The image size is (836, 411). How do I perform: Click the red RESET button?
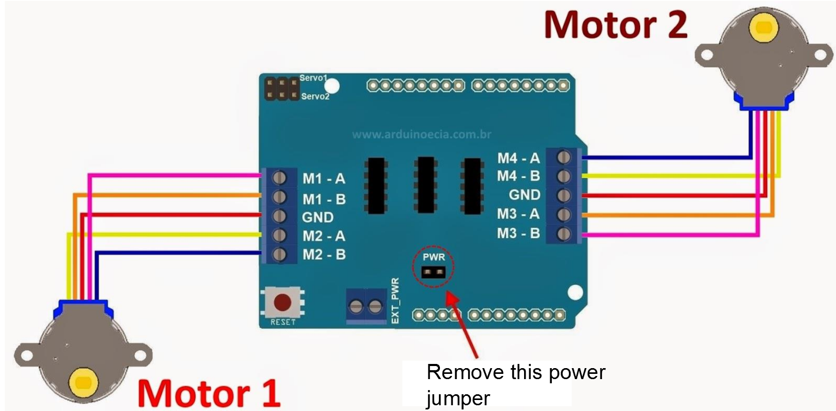(283, 302)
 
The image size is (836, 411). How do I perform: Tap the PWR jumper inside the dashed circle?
(434, 272)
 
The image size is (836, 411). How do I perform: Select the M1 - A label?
(324, 179)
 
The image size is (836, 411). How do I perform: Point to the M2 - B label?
(324, 255)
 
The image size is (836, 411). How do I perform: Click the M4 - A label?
(518, 158)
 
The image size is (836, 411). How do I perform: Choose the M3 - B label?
(518, 233)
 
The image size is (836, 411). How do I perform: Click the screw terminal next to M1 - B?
(280, 197)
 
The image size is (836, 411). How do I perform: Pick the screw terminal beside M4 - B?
(564, 176)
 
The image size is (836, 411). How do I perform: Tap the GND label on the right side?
(525, 195)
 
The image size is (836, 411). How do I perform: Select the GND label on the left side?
(318, 217)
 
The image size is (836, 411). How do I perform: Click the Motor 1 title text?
(209, 393)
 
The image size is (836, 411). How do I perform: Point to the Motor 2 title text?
(616, 25)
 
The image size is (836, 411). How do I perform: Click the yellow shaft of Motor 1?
(83, 382)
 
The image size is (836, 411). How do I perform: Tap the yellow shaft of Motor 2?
(764, 27)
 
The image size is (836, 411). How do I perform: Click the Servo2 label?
(315, 97)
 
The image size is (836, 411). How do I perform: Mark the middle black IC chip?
(426, 185)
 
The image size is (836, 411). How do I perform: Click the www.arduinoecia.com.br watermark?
(422, 134)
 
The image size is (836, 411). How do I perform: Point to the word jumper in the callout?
(458, 398)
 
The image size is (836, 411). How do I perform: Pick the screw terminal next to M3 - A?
(564, 214)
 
